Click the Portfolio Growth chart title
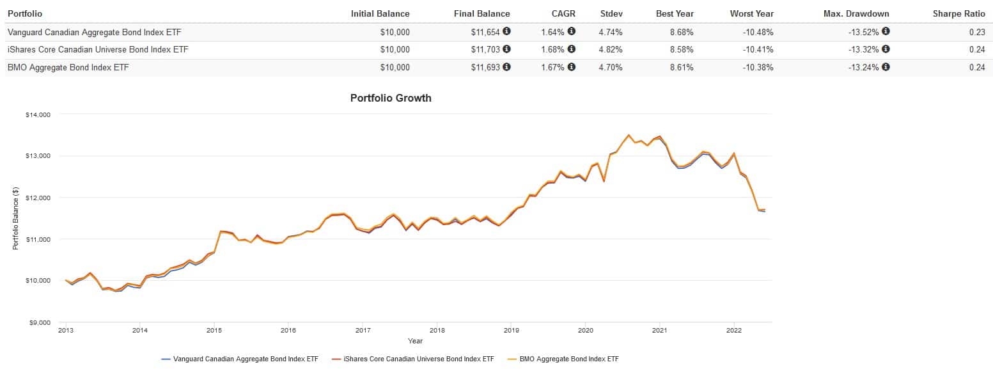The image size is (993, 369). click(391, 98)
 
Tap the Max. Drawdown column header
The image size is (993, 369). click(857, 13)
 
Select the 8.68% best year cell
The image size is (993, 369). click(680, 31)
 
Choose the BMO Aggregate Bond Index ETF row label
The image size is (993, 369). click(68, 67)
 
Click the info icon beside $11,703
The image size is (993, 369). click(506, 49)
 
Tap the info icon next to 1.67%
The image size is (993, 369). click(571, 67)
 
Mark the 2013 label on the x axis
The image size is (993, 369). click(65, 331)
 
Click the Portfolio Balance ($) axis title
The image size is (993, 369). click(16, 218)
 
